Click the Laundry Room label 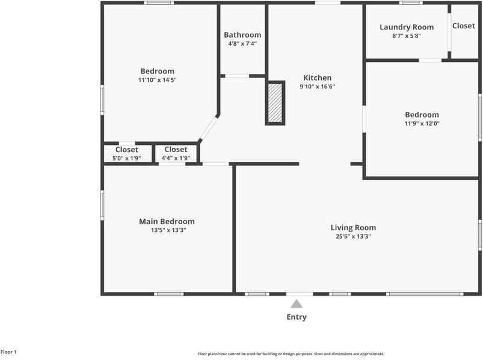407,27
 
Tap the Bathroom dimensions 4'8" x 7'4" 242,44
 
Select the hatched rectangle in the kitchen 275,103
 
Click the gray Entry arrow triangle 297,304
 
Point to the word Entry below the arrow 297,317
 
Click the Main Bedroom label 167,221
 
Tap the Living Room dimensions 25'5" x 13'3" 353,236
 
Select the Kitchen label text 317,78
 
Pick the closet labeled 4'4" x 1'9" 176,153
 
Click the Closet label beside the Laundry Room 464,26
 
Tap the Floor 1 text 8,352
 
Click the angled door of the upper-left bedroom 209,127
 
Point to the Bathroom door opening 237,76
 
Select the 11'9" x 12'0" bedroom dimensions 422,124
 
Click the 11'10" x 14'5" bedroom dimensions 157,80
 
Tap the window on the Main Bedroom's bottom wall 168,294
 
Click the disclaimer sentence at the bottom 291,354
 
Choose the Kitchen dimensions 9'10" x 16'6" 317,87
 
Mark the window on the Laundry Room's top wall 411,3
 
